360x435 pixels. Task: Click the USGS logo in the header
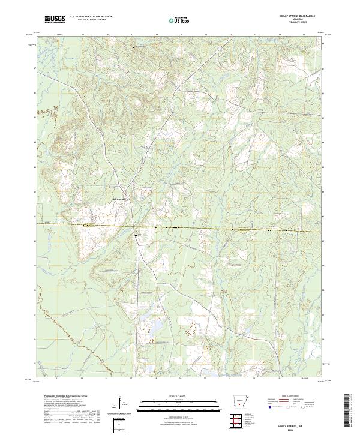[55, 20]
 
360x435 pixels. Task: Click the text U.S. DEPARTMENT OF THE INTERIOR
[91, 17]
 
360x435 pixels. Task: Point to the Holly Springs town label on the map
[119, 199]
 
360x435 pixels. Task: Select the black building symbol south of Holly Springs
[136, 235]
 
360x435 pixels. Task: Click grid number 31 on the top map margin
[230, 35]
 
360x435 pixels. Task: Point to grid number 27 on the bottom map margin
[131, 379]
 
